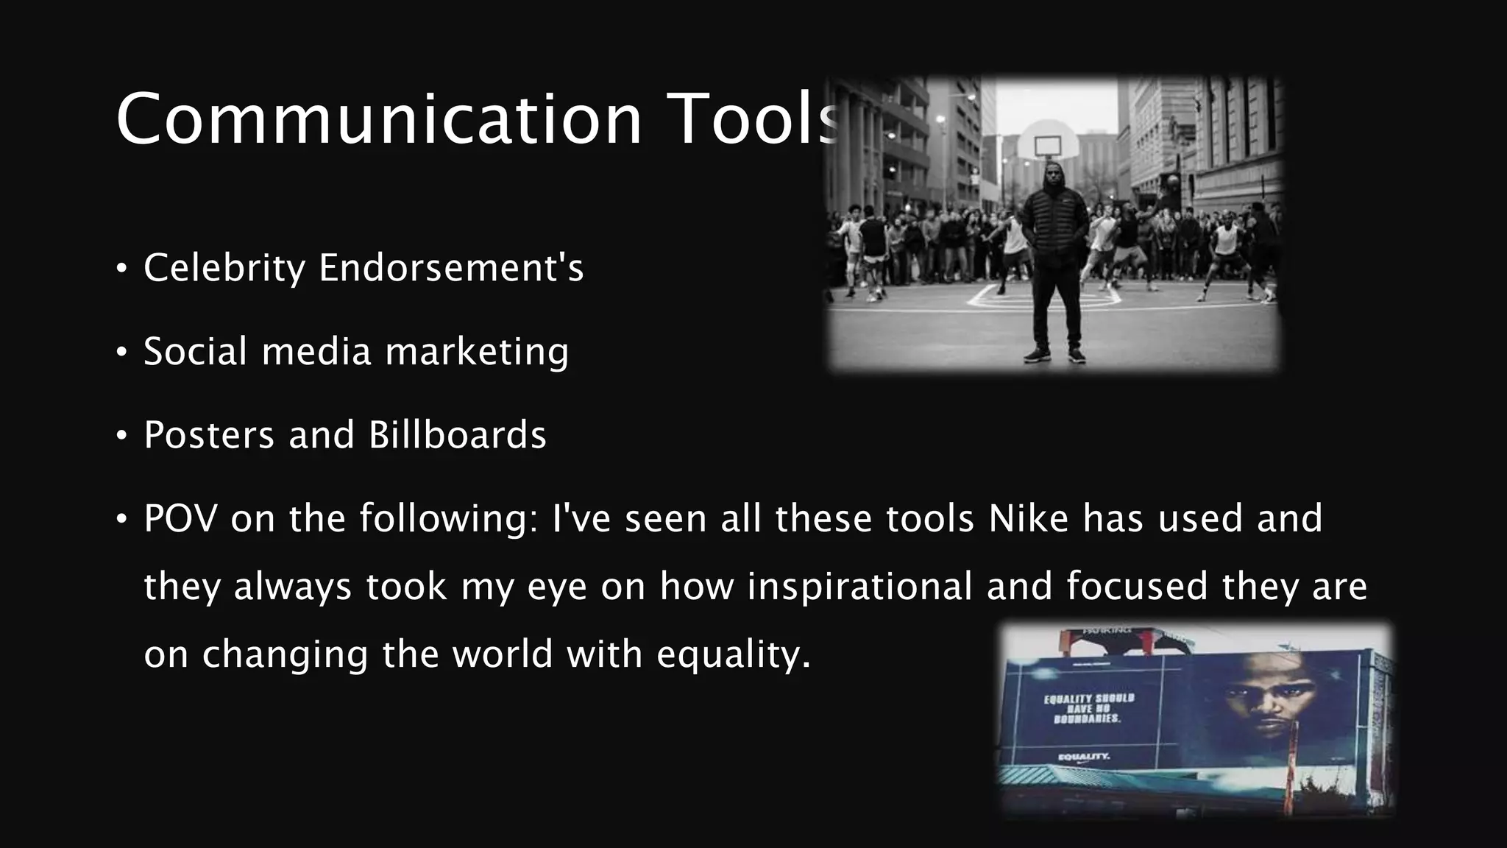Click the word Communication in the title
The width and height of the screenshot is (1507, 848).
379,119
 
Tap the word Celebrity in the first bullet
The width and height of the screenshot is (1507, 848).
224,267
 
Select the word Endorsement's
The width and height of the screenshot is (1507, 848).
451,267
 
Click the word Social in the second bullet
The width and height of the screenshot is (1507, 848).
195,351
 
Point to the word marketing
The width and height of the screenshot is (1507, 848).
477,351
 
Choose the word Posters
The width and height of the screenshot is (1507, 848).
208,434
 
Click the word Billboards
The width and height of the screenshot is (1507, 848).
457,434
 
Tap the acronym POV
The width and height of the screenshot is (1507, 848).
180,518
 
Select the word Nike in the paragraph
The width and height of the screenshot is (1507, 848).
1028,518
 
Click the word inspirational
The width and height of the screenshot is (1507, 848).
859,587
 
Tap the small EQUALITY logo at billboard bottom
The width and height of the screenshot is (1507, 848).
1083,757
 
